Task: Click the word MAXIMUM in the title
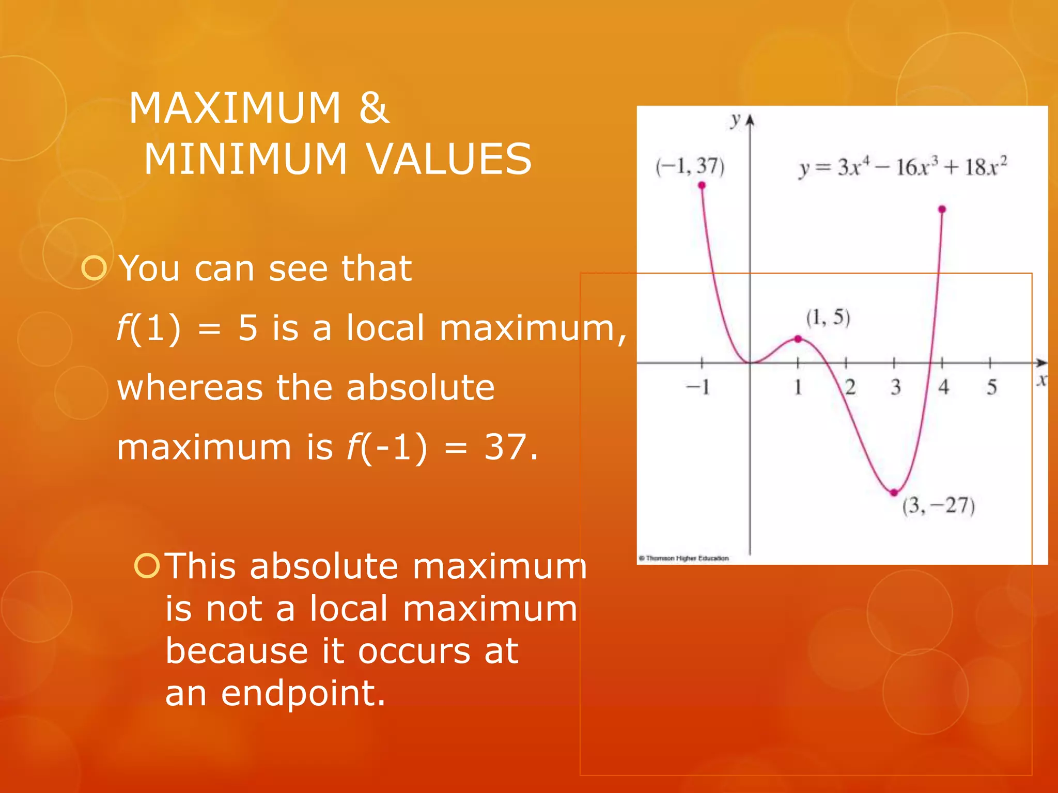[235, 108]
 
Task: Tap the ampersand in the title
[374, 108]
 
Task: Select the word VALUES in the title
[449, 159]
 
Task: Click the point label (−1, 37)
[690, 166]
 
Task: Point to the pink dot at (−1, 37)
[702, 185]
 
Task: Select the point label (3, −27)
[938, 505]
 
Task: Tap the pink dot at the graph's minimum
[894, 493]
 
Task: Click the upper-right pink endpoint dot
[942, 209]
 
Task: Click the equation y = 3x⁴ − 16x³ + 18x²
[903, 167]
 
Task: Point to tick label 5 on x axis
[991, 387]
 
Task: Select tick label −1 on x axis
[698, 387]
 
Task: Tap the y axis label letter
[735, 120]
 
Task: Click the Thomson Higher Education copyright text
[684, 558]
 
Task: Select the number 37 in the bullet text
[505, 447]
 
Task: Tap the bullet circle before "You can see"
[94, 268]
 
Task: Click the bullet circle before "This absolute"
[147, 566]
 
